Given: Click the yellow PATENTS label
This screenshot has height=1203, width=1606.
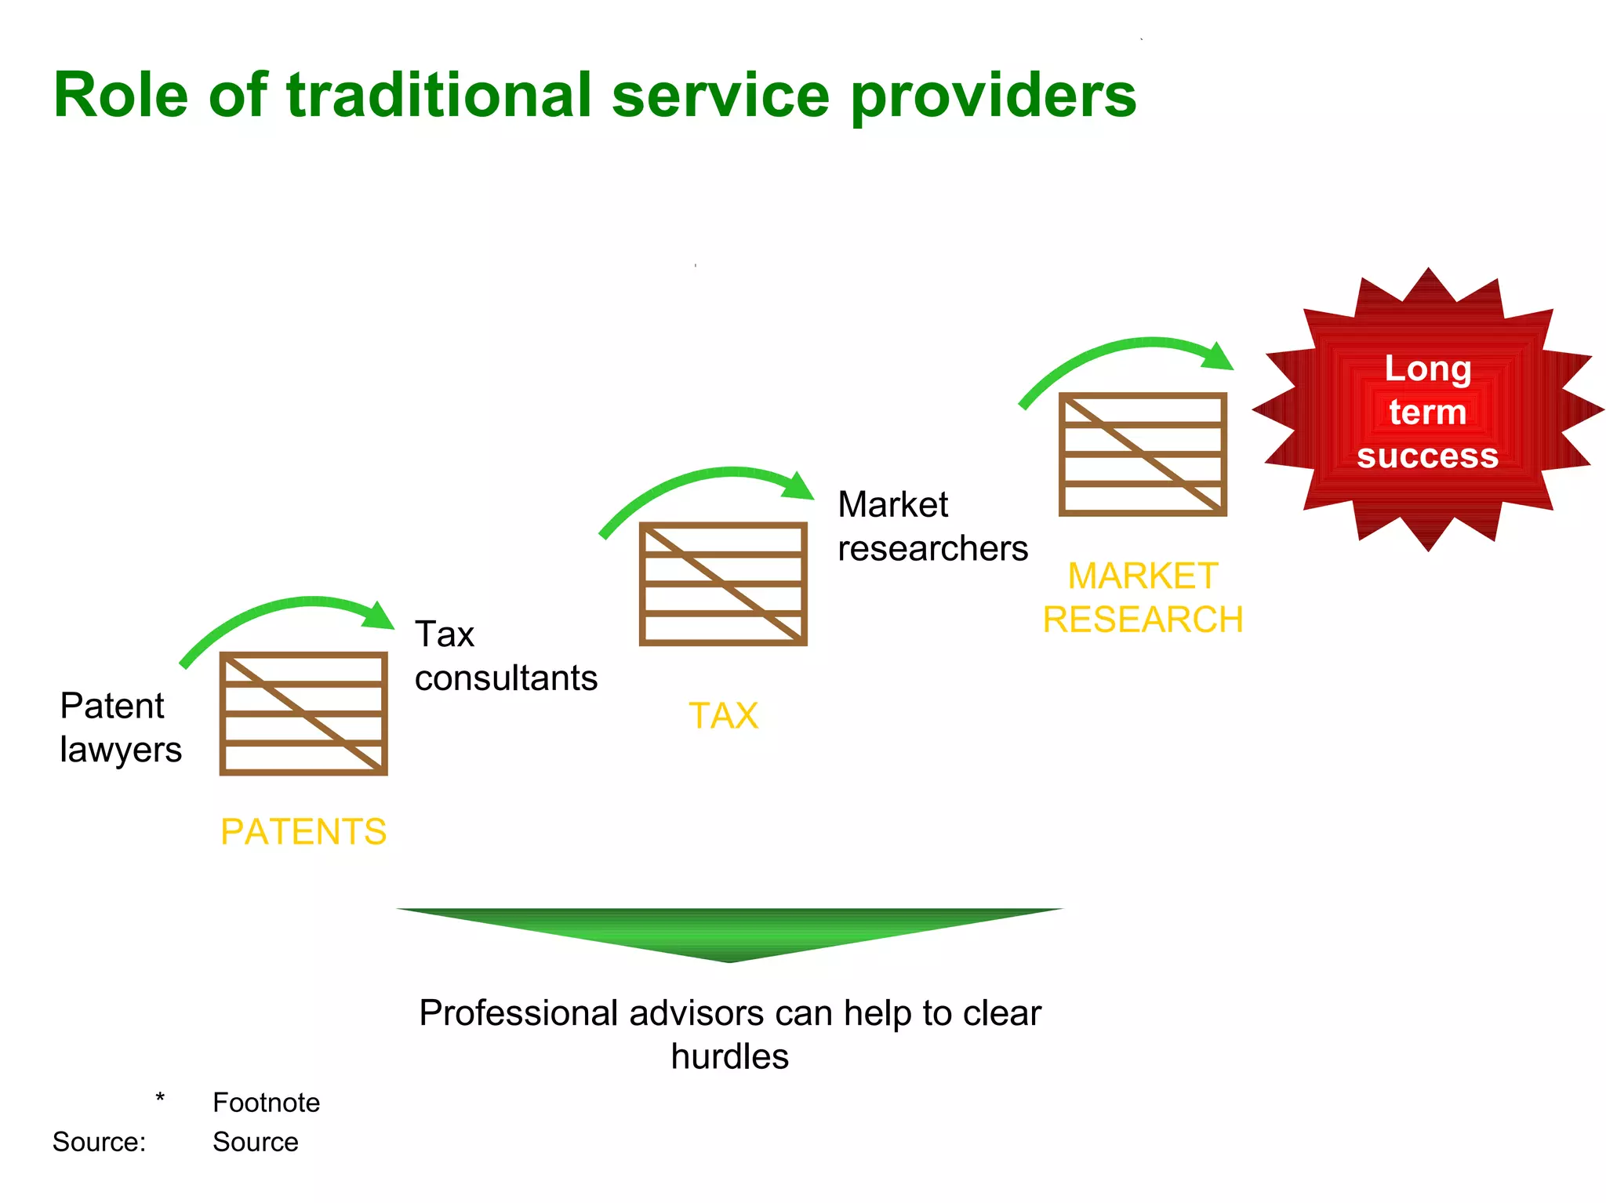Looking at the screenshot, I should [303, 831].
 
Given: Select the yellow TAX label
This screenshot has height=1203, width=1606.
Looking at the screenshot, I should [723, 715].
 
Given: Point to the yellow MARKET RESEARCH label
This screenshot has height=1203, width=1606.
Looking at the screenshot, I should [1143, 598].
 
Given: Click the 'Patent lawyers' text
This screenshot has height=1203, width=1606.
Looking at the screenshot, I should [120, 727].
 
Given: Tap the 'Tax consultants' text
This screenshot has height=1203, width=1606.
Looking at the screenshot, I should [505, 656].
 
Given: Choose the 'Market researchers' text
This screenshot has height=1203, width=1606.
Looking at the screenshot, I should [932, 526].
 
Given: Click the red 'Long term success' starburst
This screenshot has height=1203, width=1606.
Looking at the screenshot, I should [1427, 410].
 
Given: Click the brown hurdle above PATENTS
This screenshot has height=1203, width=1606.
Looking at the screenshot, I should [303, 714].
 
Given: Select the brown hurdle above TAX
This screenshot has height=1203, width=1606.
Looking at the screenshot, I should [723, 584].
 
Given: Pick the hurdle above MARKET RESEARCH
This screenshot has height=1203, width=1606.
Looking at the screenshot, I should [1143, 455].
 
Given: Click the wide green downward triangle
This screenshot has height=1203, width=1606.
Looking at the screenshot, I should [729, 929].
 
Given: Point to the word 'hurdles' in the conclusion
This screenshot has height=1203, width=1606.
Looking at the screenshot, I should [729, 1056].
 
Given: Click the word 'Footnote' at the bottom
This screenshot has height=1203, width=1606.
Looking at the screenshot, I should [266, 1103].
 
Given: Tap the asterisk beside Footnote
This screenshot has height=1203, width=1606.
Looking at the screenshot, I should [160, 1098].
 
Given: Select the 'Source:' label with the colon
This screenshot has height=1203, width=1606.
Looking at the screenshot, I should [99, 1142].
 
